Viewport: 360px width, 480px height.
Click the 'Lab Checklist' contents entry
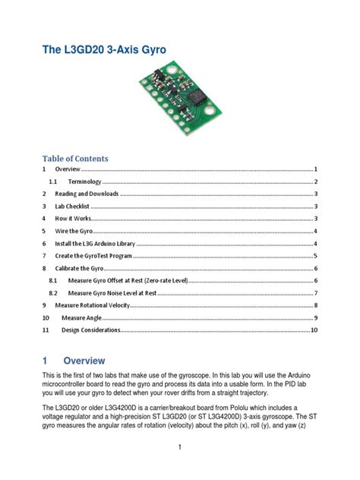coord(72,207)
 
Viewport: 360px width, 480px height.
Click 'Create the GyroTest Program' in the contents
coord(91,256)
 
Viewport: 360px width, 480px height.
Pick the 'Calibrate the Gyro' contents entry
coord(78,268)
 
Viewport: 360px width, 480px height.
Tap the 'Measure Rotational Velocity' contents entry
coord(91,305)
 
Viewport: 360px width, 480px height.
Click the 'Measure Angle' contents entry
coord(84,317)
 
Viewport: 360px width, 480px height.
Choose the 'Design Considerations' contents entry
coord(91,330)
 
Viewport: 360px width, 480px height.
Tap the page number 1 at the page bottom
coord(179,447)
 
